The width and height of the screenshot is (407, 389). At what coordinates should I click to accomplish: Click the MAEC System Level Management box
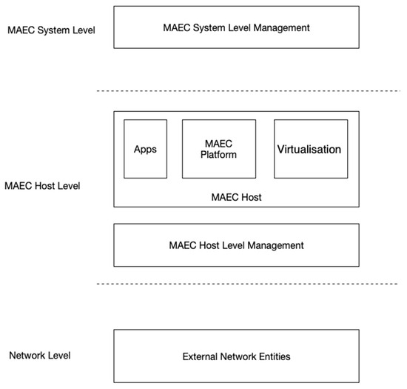coord(236,28)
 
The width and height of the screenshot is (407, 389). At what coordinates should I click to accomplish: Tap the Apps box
coord(146,149)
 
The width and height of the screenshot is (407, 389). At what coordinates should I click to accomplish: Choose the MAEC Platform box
coord(218,149)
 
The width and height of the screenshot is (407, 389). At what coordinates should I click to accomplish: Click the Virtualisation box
coord(309,149)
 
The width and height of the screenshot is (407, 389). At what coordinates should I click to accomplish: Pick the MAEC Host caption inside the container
coord(236,196)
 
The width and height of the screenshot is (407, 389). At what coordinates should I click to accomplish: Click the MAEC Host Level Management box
coord(236,245)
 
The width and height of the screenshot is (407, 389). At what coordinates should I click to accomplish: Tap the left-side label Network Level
coord(39,356)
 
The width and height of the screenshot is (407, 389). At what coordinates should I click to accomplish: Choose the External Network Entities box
coord(236,356)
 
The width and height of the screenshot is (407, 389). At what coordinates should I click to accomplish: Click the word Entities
coord(272,356)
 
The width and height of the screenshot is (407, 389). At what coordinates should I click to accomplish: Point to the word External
coord(200,356)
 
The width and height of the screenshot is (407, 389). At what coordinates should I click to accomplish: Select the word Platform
coord(218,155)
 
